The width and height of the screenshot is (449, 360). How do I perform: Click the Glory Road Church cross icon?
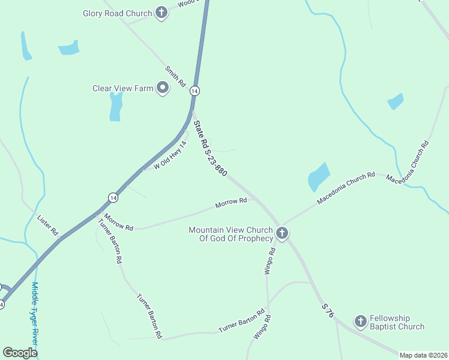coord(161,13)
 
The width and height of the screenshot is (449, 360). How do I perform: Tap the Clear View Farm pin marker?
coord(163,88)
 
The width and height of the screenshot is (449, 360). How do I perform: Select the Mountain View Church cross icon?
coord(282,232)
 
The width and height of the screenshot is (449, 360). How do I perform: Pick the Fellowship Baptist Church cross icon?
coord(360,322)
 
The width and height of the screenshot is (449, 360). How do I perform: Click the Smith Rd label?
coord(176,77)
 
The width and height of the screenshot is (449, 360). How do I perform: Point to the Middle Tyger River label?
coord(35,313)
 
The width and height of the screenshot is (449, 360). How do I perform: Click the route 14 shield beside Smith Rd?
coord(194,91)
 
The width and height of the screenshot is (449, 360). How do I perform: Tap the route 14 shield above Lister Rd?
coord(113,197)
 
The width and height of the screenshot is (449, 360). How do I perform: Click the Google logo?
coord(20,353)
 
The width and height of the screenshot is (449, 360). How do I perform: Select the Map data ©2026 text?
coord(424,355)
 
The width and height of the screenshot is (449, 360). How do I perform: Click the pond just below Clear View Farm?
coord(116,107)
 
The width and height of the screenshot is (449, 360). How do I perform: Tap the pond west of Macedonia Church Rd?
coord(318,176)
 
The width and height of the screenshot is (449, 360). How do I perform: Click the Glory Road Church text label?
coord(117,13)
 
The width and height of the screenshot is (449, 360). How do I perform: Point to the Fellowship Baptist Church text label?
coord(397,322)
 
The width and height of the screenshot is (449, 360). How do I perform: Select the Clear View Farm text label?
coord(123,88)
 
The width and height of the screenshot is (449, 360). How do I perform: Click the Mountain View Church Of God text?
coord(231,234)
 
